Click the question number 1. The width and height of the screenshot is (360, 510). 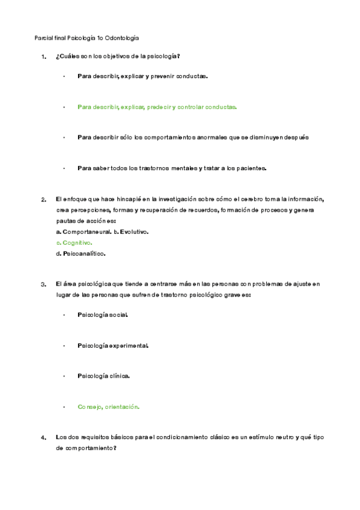(43, 57)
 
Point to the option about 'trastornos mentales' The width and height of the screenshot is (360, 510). (171, 168)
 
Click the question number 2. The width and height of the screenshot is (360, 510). (43, 200)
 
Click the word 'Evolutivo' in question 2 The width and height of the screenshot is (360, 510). (134, 232)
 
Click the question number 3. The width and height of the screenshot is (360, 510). (43, 284)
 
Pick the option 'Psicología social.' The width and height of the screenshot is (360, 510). (102, 315)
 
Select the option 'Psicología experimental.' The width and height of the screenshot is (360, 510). (112, 346)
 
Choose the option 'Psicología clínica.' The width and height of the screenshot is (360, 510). (103, 376)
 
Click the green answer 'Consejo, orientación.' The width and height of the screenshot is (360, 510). (108, 407)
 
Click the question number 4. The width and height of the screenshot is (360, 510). (43, 438)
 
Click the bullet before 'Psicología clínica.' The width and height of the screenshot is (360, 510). (64, 376)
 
